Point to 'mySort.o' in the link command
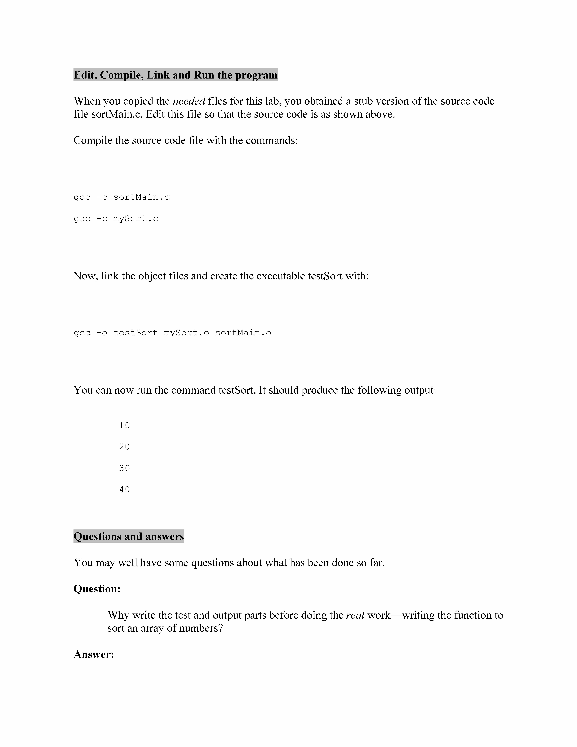(186, 333)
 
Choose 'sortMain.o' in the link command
(243, 333)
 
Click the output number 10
(124, 425)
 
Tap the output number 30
(124, 468)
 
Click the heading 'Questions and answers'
(129, 536)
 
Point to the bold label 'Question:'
(97, 589)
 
